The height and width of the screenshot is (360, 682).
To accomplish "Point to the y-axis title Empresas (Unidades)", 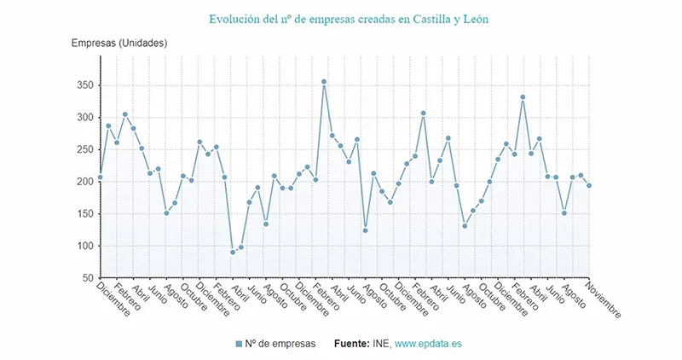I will coord(118,43).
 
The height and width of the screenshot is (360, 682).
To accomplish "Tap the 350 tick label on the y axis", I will coord(84,85).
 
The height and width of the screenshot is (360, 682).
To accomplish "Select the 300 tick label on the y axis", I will coord(84,118).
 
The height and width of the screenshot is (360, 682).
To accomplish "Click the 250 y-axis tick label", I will coord(84,149).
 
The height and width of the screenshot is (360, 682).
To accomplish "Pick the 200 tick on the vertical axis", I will coord(84,182).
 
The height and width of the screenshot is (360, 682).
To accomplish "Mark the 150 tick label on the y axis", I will coord(84,214).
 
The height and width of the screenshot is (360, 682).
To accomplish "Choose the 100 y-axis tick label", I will coord(84,247).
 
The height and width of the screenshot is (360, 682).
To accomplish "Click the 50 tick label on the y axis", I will coord(86,278).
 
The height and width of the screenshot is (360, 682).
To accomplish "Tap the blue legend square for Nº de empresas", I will coord(239,344).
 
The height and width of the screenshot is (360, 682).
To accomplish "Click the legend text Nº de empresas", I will coord(280,344).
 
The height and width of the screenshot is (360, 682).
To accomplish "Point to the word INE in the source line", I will coord(382,344).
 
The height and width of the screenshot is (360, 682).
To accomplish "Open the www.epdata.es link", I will coord(431,344).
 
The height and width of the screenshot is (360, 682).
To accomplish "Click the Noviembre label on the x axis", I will coord(604,299).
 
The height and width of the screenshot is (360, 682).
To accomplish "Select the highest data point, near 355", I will coord(324,82).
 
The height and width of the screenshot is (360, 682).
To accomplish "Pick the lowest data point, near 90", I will coord(233,253).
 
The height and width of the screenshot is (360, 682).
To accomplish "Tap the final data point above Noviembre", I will coord(589,186).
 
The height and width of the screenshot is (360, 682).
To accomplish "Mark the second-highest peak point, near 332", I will coord(523,97).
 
